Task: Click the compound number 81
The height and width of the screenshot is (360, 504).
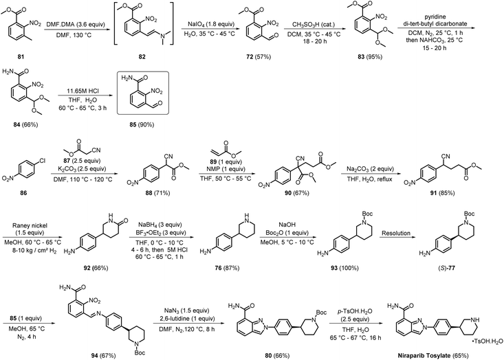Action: (21, 57)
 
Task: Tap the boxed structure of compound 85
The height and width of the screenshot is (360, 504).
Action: (143, 93)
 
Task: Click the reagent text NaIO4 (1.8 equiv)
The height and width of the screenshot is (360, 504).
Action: (211, 24)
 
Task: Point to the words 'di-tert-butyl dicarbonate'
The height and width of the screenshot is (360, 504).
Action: (435, 23)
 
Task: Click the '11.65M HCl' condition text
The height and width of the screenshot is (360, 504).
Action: (82, 91)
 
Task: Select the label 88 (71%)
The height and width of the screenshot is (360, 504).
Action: (157, 192)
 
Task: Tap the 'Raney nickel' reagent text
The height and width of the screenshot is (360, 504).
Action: (30, 226)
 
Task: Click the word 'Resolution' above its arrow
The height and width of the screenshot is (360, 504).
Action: (396, 233)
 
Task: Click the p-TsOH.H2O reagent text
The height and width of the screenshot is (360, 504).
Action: (355, 311)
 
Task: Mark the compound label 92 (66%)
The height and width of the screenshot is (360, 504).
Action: (95, 267)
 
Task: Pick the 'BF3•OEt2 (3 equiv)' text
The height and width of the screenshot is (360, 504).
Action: (162, 233)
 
